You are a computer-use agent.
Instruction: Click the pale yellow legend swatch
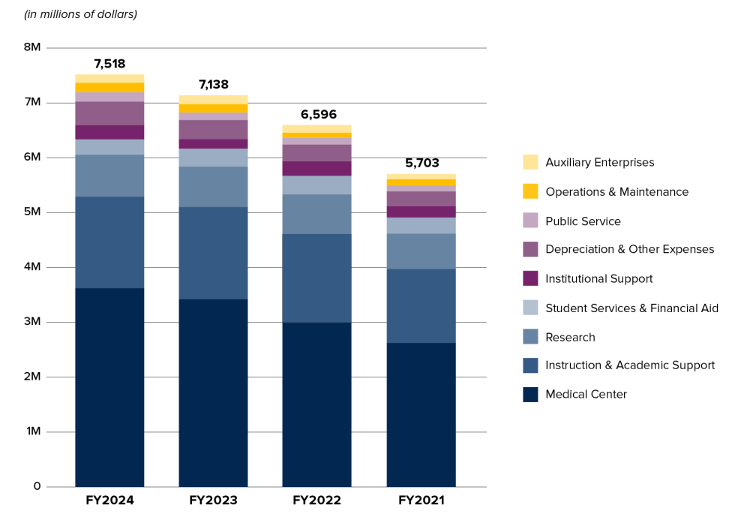tap(530, 162)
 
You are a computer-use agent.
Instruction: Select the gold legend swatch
tap(530, 191)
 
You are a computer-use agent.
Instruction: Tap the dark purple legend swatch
tap(530, 278)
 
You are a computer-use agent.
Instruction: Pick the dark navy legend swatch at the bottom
tap(530, 395)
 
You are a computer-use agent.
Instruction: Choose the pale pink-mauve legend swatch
tap(530, 220)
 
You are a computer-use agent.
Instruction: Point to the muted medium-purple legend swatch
tap(530, 249)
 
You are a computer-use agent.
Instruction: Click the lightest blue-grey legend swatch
tap(530, 308)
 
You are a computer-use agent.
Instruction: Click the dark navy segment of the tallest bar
tap(109, 387)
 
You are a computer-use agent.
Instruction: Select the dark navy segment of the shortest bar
tap(421, 415)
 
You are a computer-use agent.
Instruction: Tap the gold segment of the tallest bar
tap(109, 88)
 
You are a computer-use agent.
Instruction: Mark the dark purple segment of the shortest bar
tap(421, 212)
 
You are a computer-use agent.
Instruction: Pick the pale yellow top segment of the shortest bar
tap(421, 176)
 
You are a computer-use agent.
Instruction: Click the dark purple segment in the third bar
tap(316, 168)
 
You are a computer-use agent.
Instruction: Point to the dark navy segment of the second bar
tap(213, 392)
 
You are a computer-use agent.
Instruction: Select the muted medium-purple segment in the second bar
tap(213, 129)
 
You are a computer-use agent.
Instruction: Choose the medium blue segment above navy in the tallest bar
tap(109, 242)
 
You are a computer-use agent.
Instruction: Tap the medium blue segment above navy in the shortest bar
tap(421, 305)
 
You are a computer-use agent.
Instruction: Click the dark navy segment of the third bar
tap(316, 404)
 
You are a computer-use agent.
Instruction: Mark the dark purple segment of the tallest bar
tap(109, 132)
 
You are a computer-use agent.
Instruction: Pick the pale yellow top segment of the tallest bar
tap(109, 78)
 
